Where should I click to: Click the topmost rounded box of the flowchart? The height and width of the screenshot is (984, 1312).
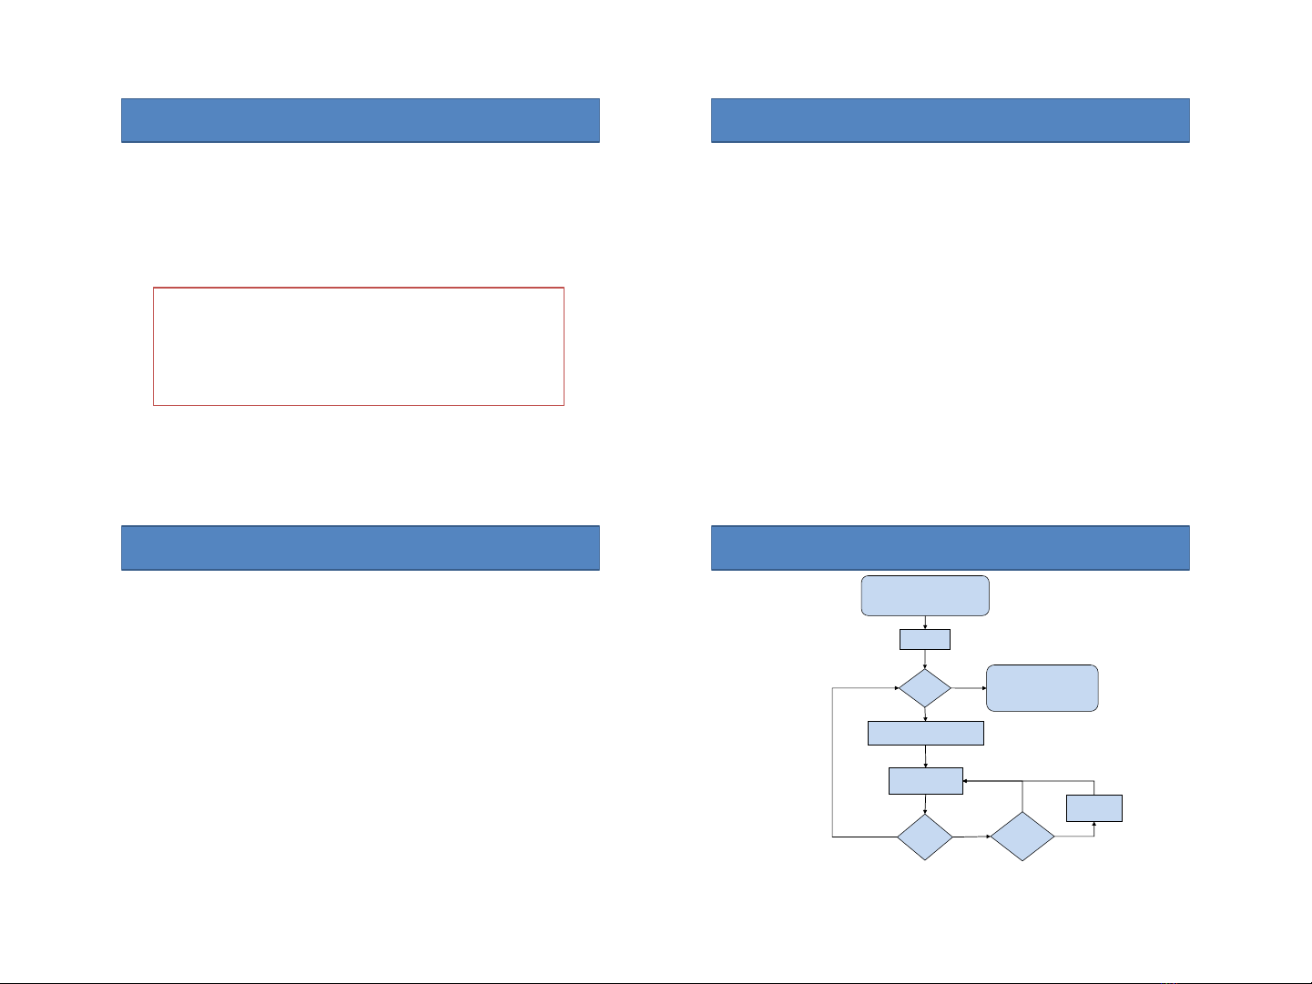[925, 595]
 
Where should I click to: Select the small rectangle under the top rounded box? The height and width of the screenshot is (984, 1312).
[925, 639]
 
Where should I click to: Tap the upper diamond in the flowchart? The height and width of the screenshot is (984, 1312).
[925, 688]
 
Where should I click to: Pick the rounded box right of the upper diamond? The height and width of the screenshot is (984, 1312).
[1042, 688]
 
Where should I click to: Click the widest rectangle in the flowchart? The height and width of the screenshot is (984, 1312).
[926, 733]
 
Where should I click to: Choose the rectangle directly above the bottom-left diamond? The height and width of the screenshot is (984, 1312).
[925, 781]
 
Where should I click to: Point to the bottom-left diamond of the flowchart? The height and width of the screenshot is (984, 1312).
[925, 837]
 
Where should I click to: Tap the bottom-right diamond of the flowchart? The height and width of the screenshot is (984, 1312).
[1022, 837]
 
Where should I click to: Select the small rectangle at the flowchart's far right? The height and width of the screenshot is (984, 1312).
[1094, 808]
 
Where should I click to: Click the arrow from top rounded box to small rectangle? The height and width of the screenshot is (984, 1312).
[925, 623]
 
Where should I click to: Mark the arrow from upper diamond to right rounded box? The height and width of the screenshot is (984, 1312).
[969, 688]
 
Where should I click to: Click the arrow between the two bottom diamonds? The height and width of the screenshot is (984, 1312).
[971, 837]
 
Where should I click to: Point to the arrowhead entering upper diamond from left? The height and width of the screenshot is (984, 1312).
[895, 688]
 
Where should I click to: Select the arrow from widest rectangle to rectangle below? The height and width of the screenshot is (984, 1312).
[926, 756]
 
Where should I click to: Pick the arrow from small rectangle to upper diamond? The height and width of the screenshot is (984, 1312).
[925, 659]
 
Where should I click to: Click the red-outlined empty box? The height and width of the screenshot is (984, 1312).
[359, 346]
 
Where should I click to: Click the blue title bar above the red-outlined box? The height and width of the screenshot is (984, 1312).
[361, 120]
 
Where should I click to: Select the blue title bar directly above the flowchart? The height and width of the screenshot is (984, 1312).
[951, 548]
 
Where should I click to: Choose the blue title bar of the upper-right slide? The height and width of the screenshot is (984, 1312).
[951, 120]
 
